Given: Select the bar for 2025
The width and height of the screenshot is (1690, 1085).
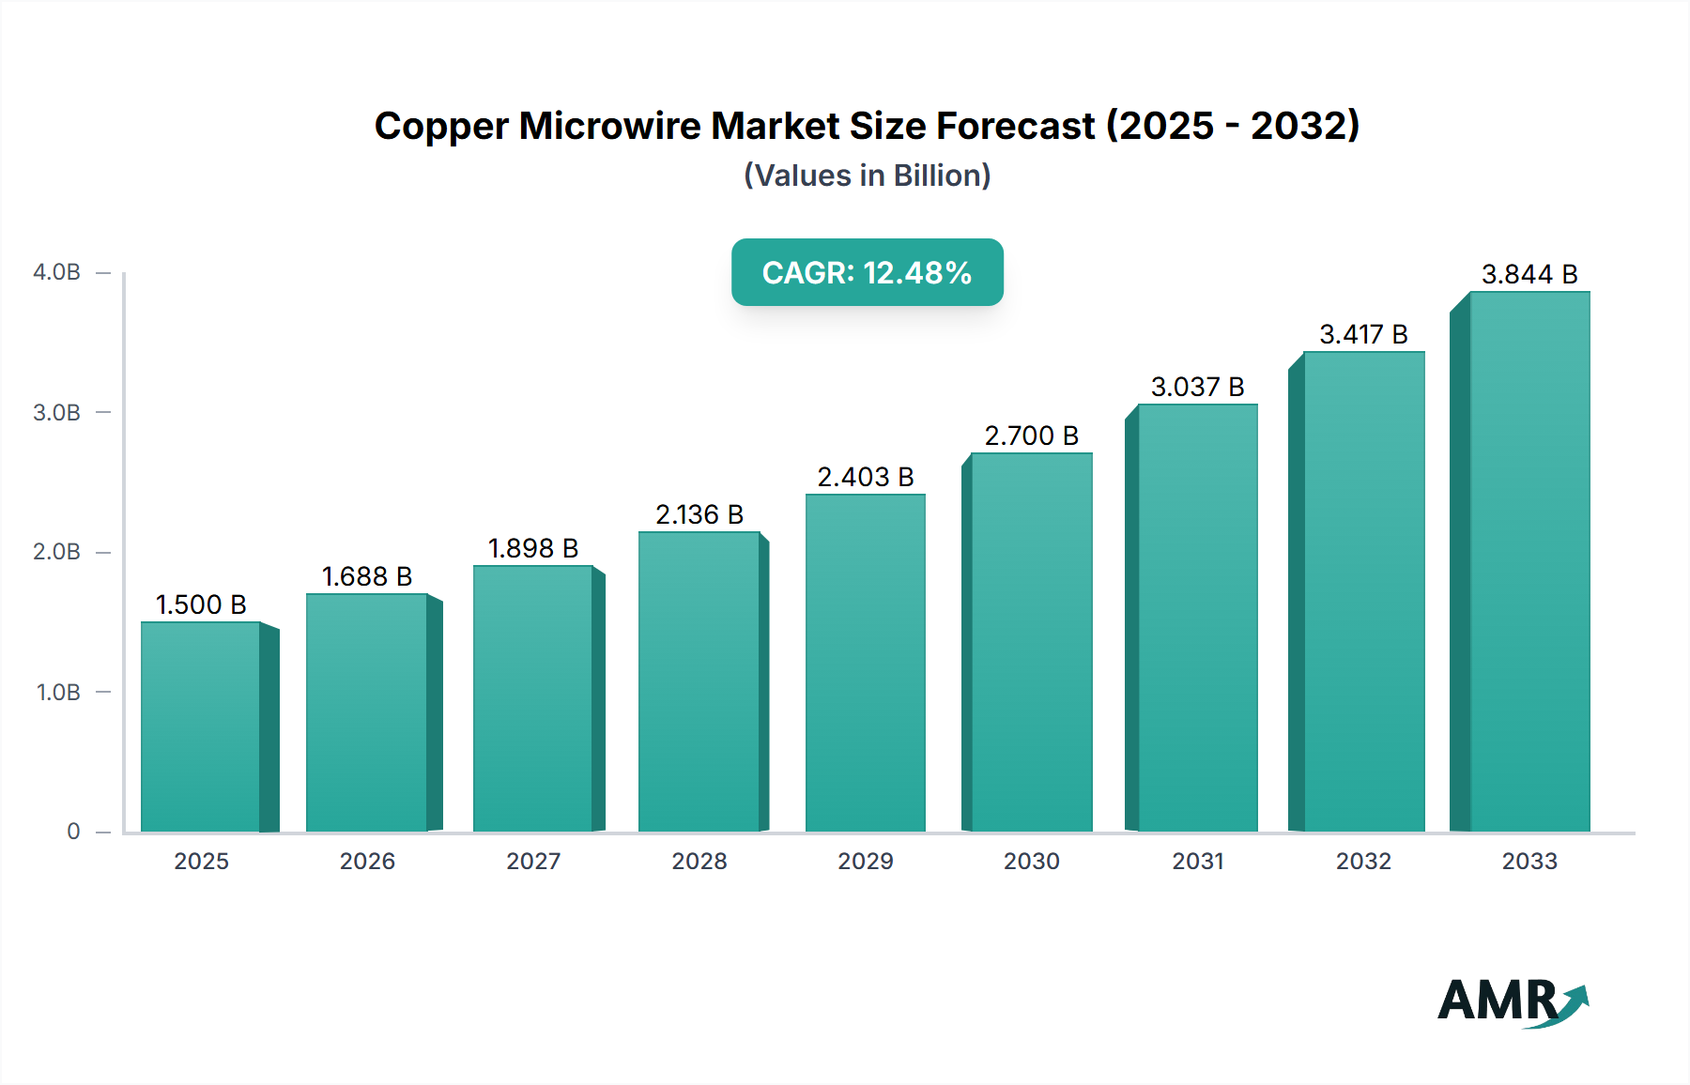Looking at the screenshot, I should click(201, 727).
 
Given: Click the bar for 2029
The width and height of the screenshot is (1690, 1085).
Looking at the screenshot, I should click(865, 663).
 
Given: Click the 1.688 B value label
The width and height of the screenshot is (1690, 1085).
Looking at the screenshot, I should click(367, 576).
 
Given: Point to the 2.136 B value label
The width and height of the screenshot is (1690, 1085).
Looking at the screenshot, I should click(699, 514).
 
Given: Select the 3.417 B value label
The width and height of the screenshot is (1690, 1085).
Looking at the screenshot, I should click(1363, 334).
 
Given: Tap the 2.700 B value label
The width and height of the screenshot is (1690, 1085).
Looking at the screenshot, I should click(1031, 436).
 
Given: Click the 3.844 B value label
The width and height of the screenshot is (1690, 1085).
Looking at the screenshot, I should click(1529, 274).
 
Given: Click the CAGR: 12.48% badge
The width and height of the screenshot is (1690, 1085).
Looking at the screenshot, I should click(867, 272).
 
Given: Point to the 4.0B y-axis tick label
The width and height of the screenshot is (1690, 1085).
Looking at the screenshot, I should click(56, 272).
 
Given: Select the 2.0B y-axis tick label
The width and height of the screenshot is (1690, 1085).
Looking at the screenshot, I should click(56, 552).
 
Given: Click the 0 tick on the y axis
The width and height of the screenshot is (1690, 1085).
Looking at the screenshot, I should click(73, 832).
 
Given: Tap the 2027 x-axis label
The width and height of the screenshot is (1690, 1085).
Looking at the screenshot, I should click(533, 861).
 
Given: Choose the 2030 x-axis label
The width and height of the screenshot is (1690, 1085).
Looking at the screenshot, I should click(1031, 861).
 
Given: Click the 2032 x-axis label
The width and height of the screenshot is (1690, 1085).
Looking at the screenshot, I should click(1363, 861).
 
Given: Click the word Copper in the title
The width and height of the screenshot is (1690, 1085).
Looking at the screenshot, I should click(441, 126).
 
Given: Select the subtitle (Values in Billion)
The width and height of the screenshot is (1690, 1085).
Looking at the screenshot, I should click(867, 176).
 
